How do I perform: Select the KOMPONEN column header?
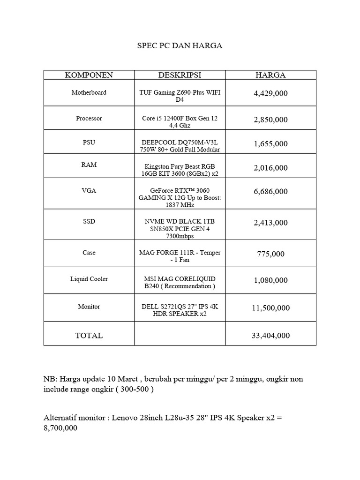coord(89,75)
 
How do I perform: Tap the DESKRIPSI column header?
coord(180,75)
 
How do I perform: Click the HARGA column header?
coord(270,75)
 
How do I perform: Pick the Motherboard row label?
coord(89,92)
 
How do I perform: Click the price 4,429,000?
coord(270,94)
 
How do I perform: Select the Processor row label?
coord(89,119)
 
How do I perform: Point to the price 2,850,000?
coord(270,120)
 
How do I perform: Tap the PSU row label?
coord(89,142)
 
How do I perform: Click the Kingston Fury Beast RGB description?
coord(180,170)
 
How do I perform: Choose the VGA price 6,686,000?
coord(270,191)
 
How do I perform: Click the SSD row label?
coord(89,221)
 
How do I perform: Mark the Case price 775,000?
coord(270,254)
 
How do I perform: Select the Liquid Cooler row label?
coord(89,279)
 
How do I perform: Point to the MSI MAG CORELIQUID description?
coord(180,282)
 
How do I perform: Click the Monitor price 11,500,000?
coord(270,308)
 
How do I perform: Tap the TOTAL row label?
coord(89,336)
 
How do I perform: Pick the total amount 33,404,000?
coord(270,336)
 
